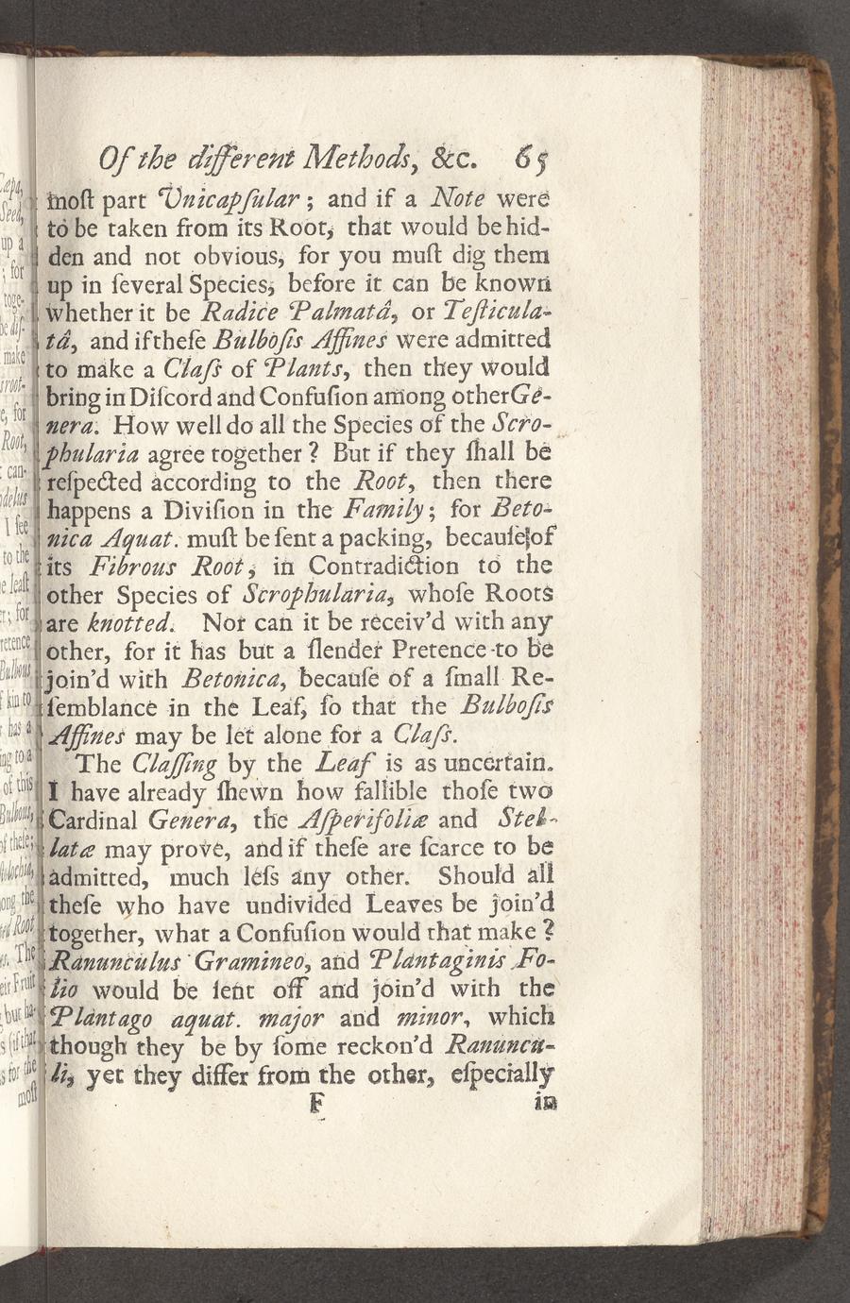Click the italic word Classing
point(176,762)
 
